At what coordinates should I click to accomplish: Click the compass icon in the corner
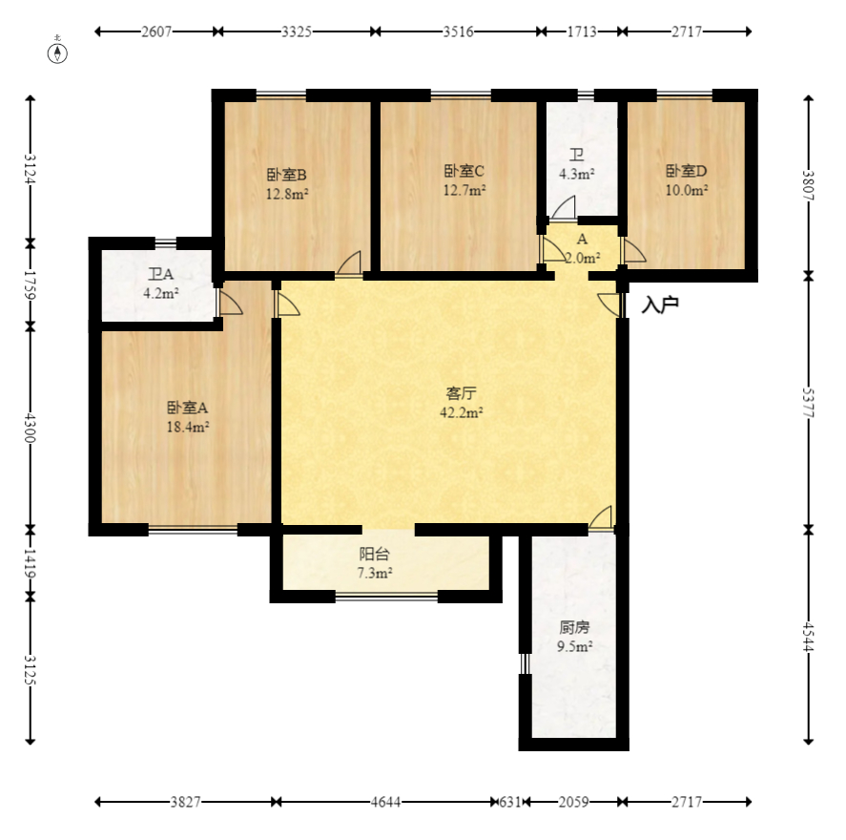coord(58,52)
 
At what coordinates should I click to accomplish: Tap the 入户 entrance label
coord(659,305)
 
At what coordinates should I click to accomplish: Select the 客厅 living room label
coord(462,393)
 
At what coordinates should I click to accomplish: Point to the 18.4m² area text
coord(188,427)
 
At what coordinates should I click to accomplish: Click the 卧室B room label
coord(287,175)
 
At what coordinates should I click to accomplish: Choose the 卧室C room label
coord(464,171)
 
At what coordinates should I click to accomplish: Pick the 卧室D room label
coord(687,171)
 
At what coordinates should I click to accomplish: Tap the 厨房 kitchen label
coord(574,627)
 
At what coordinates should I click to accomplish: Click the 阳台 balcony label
coord(375,554)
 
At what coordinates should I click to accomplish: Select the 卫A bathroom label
coord(161,274)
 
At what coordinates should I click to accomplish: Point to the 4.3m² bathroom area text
coord(577,174)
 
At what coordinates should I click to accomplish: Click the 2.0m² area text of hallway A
coord(583,258)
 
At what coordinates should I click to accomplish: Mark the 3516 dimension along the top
coord(458,31)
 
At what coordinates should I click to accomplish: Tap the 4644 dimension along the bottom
coord(385,802)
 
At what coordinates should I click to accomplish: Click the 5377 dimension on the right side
coord(808,403)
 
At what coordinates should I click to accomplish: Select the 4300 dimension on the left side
coord(31,428)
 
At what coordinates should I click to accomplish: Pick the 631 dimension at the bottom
coord(510,802)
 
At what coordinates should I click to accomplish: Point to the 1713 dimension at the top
coord(582,31)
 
